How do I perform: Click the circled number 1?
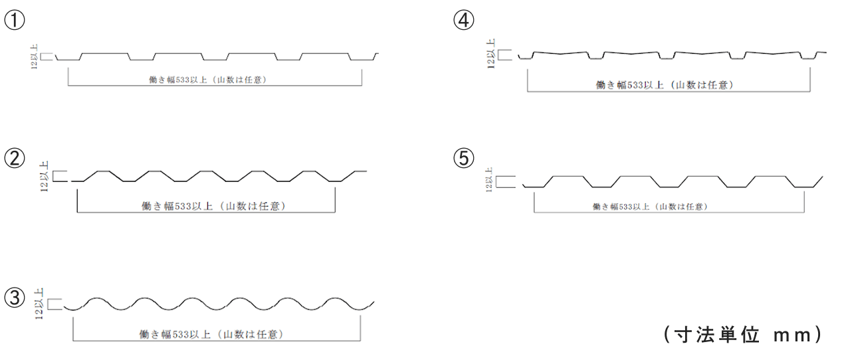coord(15,20)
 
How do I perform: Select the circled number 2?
coord(15,158)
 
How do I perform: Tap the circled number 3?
coord(15,298)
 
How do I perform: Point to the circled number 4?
coord(463,20)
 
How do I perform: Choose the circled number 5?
coord(463,158)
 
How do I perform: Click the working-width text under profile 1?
coord(208,80)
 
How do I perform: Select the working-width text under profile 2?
coord(213,206)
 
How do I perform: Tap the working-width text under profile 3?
coord(211,334)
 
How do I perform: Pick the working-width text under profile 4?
coord(665,85)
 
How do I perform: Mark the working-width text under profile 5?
coord(651,207)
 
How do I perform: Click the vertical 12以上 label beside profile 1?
coord(35,57)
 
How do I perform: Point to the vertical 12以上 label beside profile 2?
coord(45,177)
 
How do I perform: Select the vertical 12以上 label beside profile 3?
coord(39,304)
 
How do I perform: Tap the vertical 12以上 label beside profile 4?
coord(491,54)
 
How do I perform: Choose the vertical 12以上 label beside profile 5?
coord(489,180)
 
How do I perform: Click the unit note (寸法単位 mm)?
coord(742,334)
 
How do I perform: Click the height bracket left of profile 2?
coord(53,176)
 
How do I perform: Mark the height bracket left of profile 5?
coord(496,181)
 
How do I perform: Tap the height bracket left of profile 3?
coord(49,304)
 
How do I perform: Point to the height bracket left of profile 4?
coord(498,54)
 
